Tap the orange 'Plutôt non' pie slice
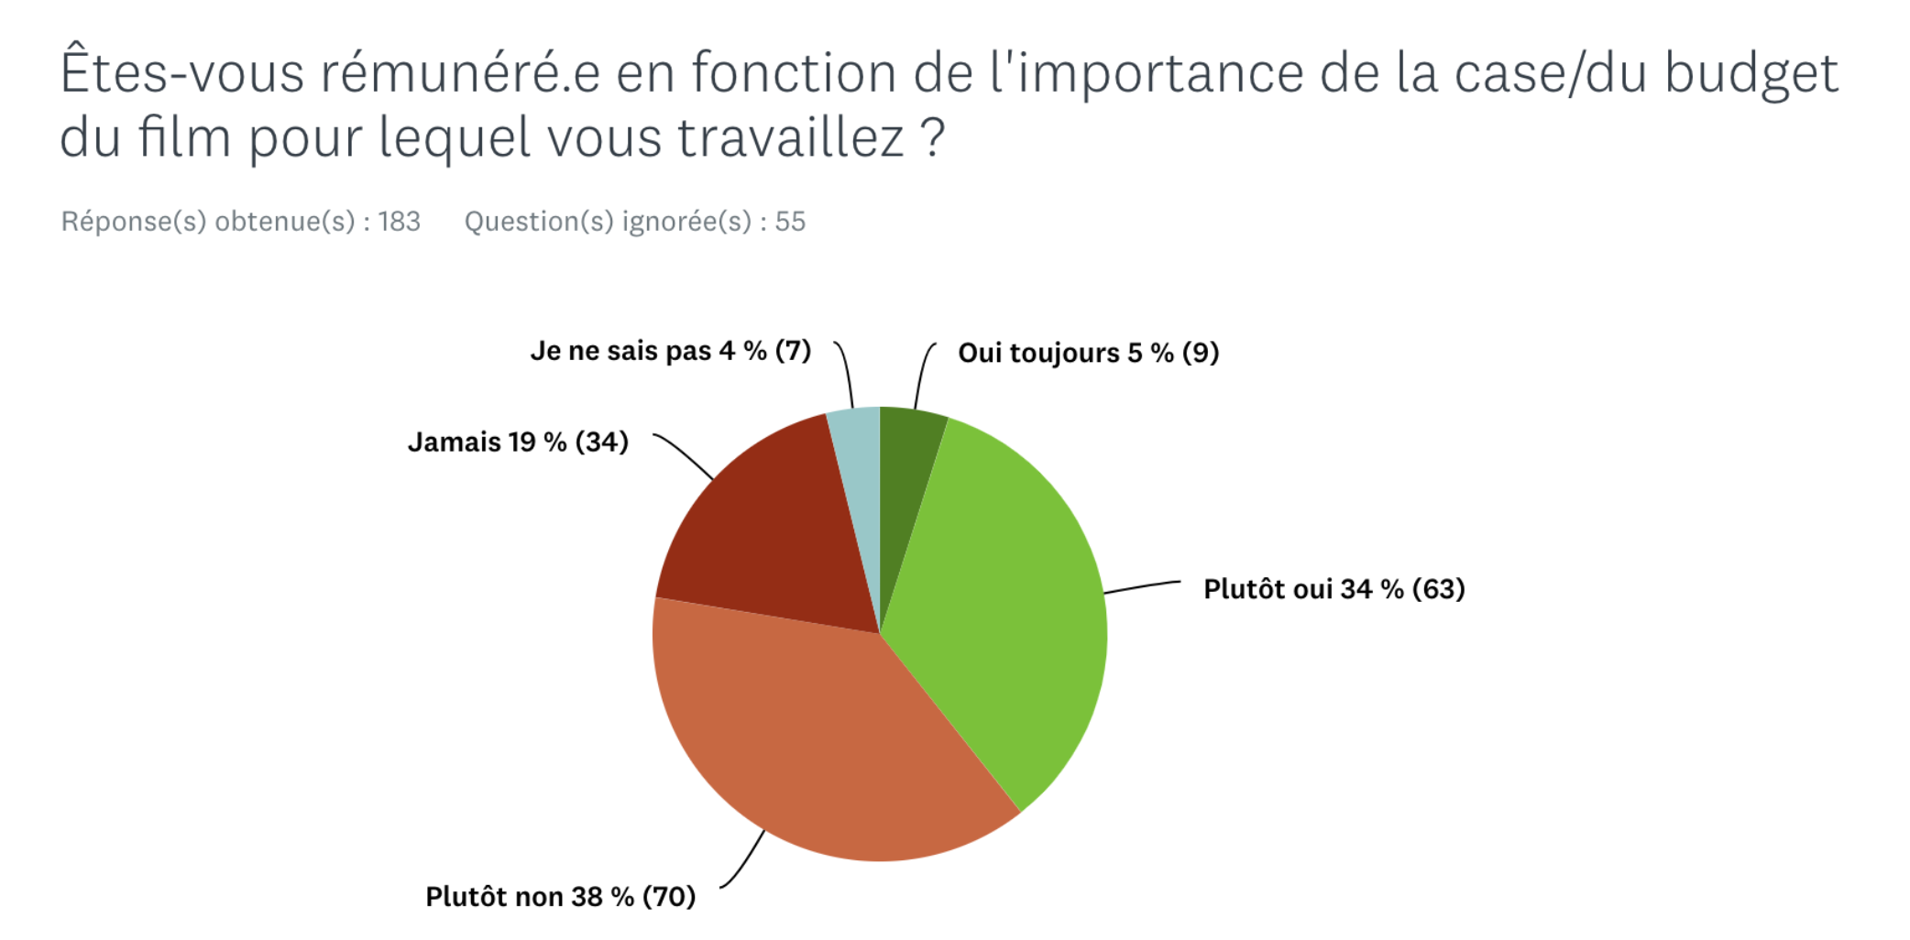coord(825,733)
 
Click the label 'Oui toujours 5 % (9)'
coord(1088,353)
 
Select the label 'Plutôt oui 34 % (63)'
coord(1334,589)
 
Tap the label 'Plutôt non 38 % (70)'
coord(560,897)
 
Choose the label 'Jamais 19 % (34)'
coord(518,443)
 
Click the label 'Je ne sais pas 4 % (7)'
coord(670,351)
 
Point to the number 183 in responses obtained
coord(400,222)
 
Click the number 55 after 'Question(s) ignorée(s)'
coord(790,222)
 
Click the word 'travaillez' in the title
coord(791,138)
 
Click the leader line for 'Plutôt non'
coord(744,861)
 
